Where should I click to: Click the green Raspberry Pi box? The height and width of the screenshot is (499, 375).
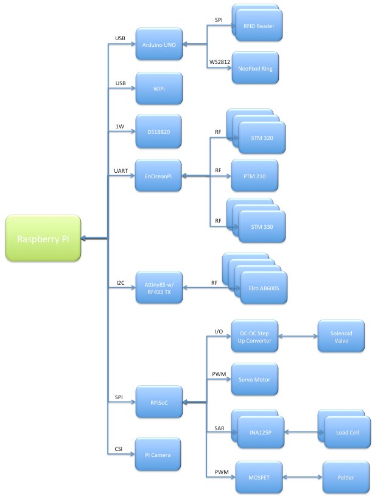tap(43, 238)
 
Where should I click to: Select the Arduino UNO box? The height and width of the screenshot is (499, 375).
tap(158, 43)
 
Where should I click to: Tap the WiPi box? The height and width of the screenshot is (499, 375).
tap(158, 88)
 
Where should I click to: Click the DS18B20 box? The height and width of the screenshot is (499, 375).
tap(158, 131)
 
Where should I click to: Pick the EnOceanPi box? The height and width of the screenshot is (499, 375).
tap(158, 176)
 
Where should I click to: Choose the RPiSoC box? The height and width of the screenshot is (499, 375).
tap(158, 402)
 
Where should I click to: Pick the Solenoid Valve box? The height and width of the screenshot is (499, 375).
tap(342, 336)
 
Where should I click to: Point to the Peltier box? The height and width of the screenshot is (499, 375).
tap(346, 476)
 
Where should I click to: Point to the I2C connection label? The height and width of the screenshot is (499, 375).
tap(121, 282)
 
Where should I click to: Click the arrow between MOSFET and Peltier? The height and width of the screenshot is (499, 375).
tap(300, 476)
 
